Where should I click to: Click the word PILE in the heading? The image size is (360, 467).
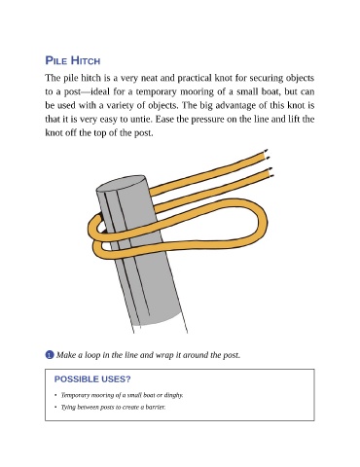coord(56,60)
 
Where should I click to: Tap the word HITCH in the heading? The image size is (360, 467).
coord(86,60)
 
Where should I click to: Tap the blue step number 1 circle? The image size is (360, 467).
coord(50,355)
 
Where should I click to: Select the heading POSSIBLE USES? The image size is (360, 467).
coord(92,379)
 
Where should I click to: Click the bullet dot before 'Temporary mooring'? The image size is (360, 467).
coord(55,395)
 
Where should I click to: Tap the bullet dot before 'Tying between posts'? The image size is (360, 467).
coord(55,407)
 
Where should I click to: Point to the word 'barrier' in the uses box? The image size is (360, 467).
coord(155,407)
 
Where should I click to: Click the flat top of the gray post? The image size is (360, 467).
coord(121,184)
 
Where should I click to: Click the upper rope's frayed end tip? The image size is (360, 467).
coord(268,154)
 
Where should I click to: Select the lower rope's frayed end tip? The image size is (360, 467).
coord(271,172)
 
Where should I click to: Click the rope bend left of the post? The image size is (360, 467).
coord(92,226)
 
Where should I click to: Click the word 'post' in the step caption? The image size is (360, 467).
coord(232,355)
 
